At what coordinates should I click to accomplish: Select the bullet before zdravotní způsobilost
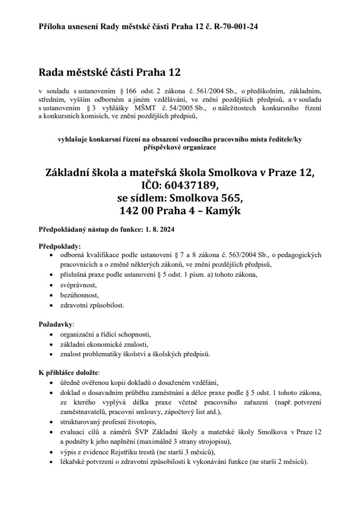pos(50,305)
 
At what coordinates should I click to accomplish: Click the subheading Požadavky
pos(56,323)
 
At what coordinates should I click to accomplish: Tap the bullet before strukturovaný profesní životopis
pos(50,422)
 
